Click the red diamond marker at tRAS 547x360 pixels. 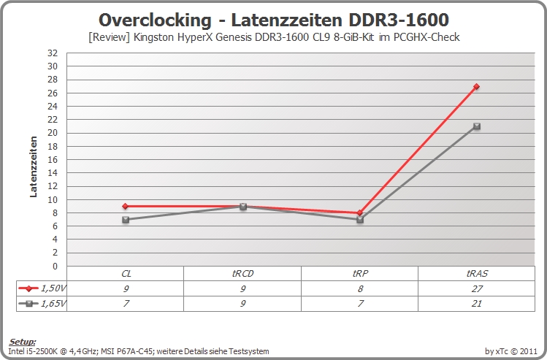[477, 86]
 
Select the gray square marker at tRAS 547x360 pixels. [477, 126]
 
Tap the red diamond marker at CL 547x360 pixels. [126, 206]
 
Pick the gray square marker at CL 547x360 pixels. [126, 219]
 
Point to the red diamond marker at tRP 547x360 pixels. [360, 212]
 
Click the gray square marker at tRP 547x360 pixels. [360, 220]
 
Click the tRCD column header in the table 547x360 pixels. [242, 274]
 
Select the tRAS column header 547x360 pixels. [477, 274]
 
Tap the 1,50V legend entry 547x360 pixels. [42, 288]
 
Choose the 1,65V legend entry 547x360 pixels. [42, 304]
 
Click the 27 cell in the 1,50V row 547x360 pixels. [477, 289]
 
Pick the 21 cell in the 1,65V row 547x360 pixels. [477, 304]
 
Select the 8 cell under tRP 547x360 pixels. [360, 289]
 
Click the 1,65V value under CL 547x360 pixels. [126, 304]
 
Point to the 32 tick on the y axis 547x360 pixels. [53, 53]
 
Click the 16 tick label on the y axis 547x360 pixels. [53, 160]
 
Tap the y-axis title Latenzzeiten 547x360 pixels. [34, 166]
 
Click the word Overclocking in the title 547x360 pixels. [155, 20]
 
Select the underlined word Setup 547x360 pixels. [23, 342]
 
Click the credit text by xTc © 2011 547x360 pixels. [510, 351]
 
